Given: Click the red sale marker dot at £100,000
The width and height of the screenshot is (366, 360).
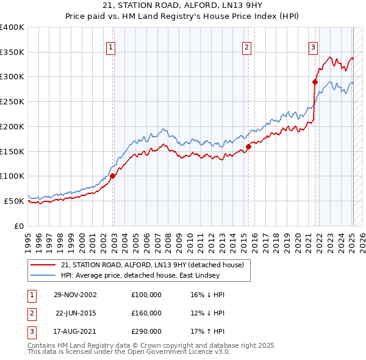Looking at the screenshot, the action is point(112,176).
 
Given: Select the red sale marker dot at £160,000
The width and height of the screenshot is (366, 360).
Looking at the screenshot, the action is point(248,147).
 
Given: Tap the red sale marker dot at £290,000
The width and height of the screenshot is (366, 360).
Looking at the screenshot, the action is point(315,82).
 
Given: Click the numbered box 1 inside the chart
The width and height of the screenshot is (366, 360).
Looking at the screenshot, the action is point(110,48).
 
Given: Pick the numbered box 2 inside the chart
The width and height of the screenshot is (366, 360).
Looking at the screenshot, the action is point(246,48).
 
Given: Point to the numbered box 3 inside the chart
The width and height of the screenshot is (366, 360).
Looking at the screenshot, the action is point(314,48).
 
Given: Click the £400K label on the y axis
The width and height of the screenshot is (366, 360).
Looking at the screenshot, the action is point(12,27).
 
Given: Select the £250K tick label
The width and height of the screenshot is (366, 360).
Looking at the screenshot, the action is point(12,102).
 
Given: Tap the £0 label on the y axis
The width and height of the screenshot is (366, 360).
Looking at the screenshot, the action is point(19,226).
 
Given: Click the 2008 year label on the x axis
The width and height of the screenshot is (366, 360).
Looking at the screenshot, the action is point(168,243).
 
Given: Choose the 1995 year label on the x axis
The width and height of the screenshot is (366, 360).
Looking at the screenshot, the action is point(28,243).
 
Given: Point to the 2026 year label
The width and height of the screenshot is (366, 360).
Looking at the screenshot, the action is point(362,243).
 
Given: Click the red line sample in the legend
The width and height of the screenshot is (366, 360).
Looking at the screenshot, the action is point(43,265).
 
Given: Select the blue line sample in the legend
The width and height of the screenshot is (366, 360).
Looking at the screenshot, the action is point(43,275).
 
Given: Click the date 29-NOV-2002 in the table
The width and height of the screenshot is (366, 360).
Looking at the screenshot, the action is point(75,295).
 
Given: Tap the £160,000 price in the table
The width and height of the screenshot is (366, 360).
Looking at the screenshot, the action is point(146,313).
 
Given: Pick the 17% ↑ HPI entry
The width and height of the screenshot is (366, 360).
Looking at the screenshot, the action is point(207,331).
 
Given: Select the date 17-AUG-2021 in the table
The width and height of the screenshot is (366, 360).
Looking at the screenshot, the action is point(74,331).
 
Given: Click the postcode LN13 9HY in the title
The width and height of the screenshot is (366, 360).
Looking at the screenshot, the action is point(242,5).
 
